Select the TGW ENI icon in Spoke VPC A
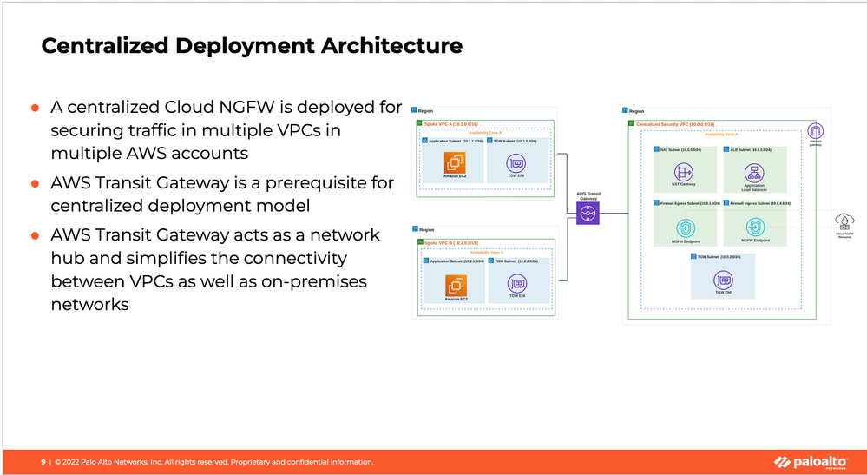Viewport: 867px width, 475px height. point(517,162)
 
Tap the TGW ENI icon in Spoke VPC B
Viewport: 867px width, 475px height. point(517,283)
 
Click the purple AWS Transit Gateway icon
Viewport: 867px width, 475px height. point(588,213)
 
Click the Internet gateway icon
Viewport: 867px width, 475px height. point(815,131)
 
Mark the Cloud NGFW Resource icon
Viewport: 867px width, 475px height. point(842,222)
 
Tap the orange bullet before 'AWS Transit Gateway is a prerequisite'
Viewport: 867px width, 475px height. point(36,184)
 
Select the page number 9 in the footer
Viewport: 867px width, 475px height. point(43,462)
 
